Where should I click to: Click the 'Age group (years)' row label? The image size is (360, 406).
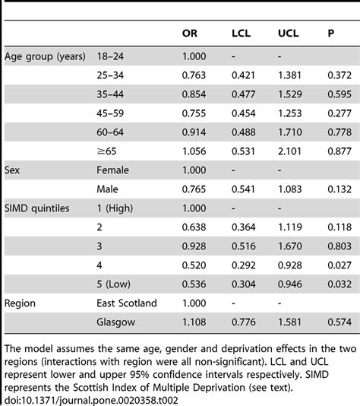[x=45, y=57]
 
